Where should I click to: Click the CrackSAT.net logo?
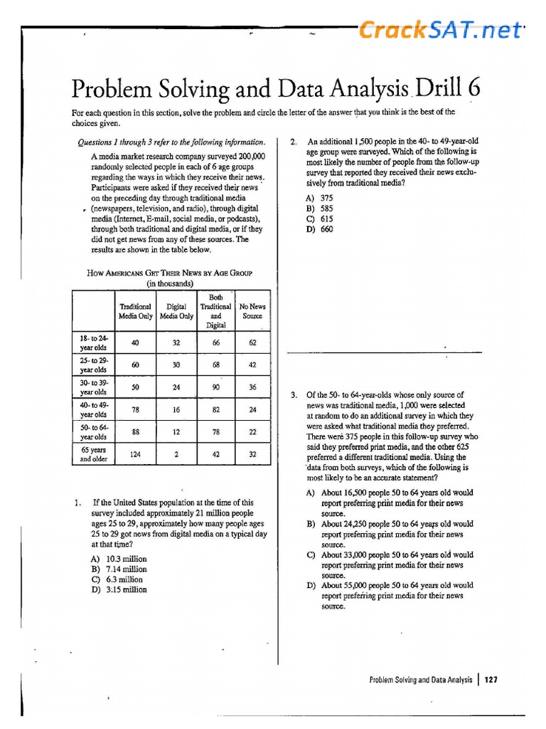point(440,30)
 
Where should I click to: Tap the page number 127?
point(491,680)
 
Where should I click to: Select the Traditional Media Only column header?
point(135,311)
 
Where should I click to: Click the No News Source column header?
point(252,311)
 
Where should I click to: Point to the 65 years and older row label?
point(93,454)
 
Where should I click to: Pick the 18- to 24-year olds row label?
point(93,342)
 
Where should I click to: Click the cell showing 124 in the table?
point(135,454)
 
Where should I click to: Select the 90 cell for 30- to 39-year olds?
point(216,387)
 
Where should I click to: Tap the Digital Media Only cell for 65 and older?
point(176,454)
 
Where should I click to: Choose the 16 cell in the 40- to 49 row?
point(176,410)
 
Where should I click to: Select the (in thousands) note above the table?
point(169,283)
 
